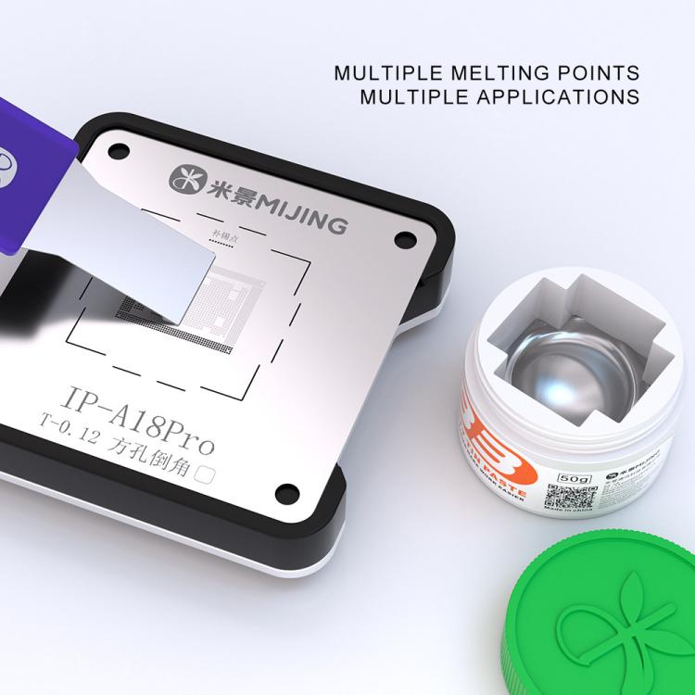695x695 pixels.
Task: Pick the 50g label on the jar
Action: pos(562,479)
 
